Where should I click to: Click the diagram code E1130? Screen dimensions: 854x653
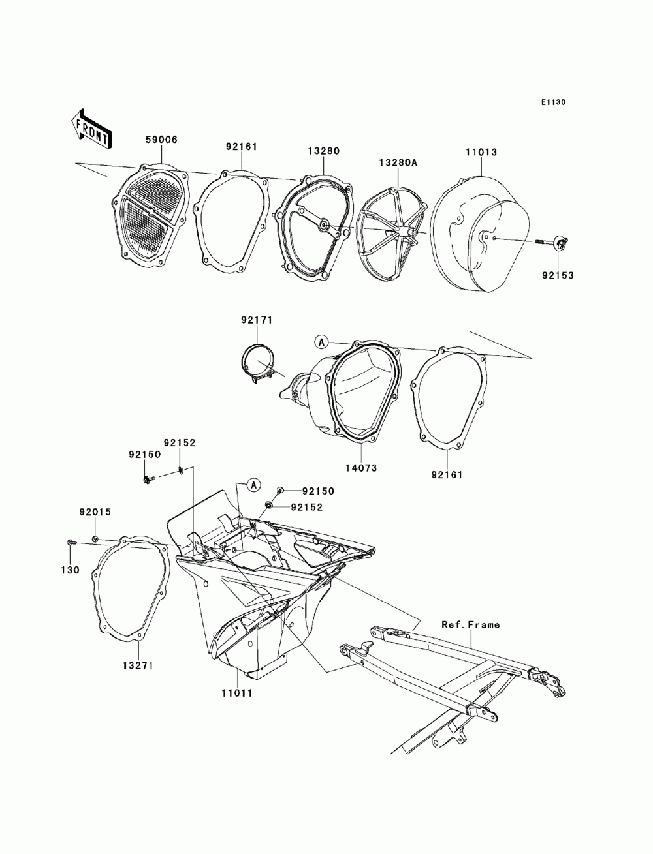point(552,102)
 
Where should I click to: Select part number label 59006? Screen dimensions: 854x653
point(161,140)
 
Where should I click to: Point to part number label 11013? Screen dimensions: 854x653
point(481,152)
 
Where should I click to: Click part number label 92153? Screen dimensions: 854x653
point(557,275)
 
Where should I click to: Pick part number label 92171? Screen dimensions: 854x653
point(257,320)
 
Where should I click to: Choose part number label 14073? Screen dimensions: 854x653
point(361,468)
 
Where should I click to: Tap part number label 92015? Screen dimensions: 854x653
point(95,513)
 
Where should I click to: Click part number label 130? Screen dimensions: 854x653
point(71,570)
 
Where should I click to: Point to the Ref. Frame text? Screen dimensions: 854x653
point(470,624)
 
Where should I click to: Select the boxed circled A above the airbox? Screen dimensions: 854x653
point(253,484)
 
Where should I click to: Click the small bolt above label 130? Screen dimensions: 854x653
point(72,543)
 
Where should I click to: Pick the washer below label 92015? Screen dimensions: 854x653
point(95,539)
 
